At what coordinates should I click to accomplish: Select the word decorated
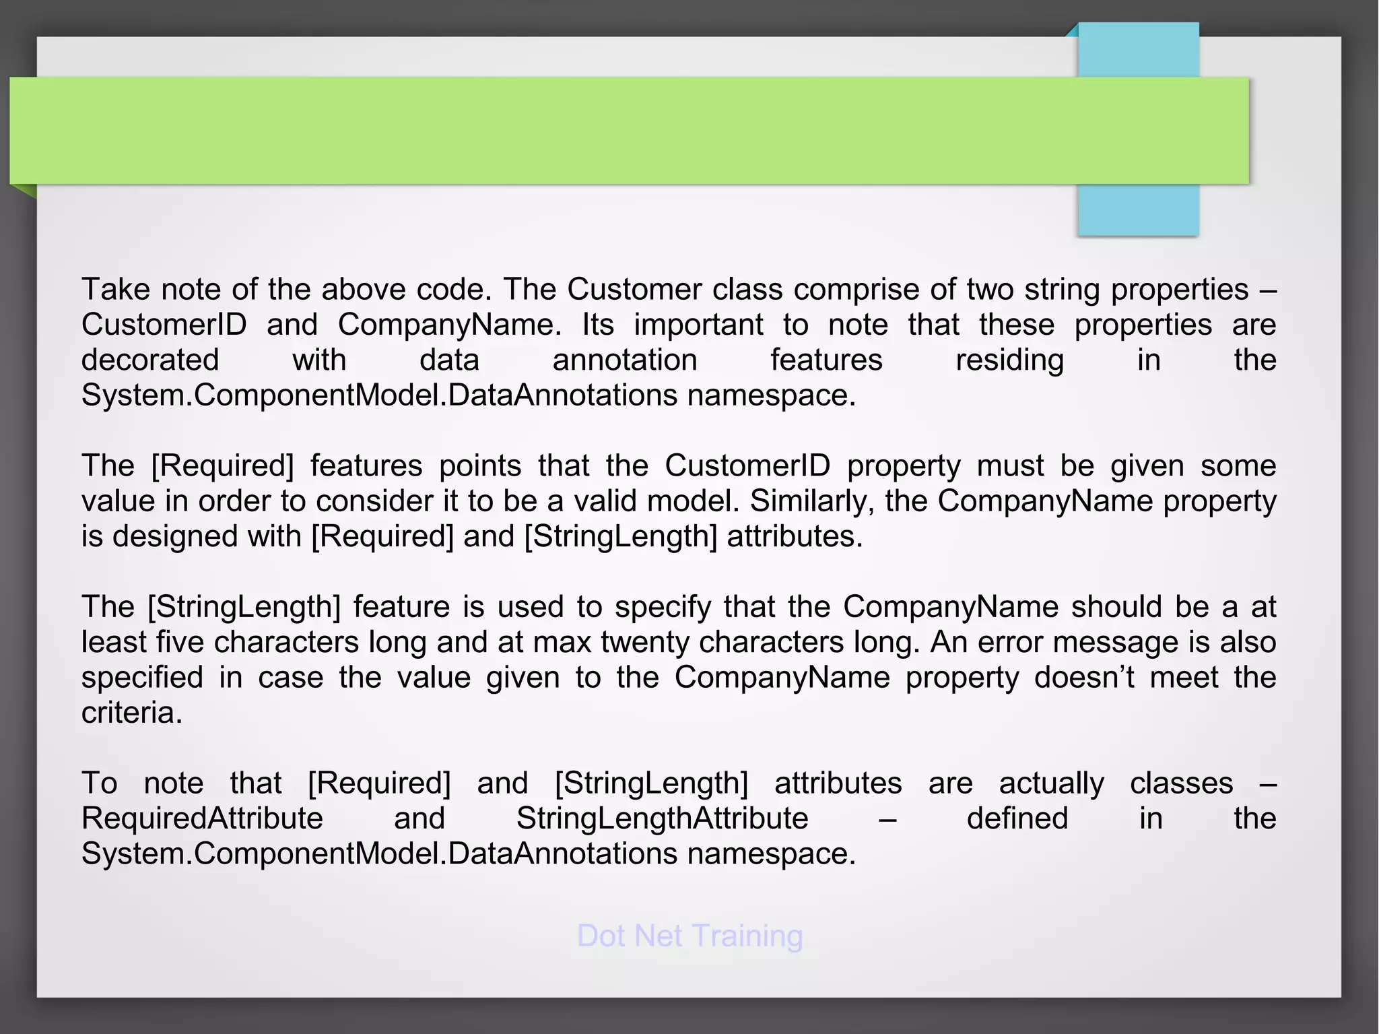coord(150,360)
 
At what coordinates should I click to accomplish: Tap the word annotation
coord(625,360)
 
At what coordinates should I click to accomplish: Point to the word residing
coord(1009,360)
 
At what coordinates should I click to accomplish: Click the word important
coord(698,325)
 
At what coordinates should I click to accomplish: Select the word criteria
coord(131,713)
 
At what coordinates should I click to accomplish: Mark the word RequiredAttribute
coord(202,818)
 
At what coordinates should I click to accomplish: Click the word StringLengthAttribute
coord(663,818)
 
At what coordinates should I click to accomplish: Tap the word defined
coord(1017,818)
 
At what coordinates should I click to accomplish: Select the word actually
coord(1051,783)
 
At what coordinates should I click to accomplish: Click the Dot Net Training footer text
coord(689,936)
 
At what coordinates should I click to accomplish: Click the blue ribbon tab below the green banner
coord(1138,210)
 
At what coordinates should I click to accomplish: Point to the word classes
coord(1181,783)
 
